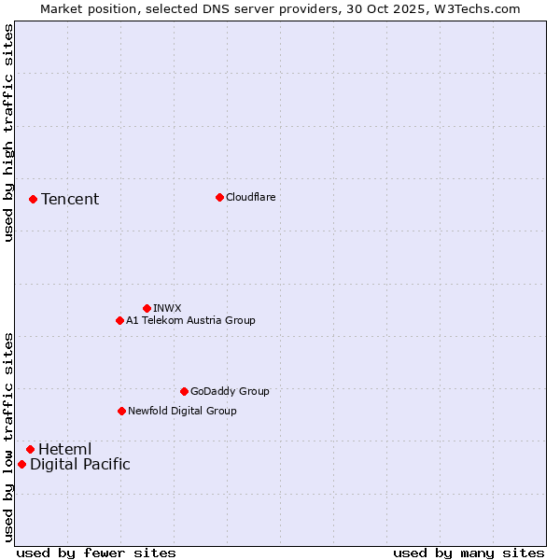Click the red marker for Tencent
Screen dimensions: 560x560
pyautogui.click(x=33, y=199)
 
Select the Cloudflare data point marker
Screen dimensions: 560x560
pyautogui.click(x=219, y=197)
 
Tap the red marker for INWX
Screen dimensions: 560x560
pyautogui.click(x=147, y=308)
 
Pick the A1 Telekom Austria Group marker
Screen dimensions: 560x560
pyautogui.click(x=119, y=320)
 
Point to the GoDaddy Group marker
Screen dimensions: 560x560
pyautogui.click(x=184, y=391)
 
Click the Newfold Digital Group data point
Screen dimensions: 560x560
pyautogui.click(x=121, y=411)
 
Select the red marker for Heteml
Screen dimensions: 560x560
pyautogui.click(x=30, y=449)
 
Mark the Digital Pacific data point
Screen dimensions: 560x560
pyautogui.click(x=21, y=464)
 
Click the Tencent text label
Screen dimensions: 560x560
pyautogui.click(x=70, y=199)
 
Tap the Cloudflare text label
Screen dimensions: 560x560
pyautogui.click(x=251, y=197)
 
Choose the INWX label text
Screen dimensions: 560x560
pyautogui.click(x=167, y=308)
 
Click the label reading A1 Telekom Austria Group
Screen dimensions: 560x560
pyautogui.click(x=190, y=320)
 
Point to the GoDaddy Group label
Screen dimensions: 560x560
pyautogui.click(x=230, y=391)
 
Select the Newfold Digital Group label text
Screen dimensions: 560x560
pyautogui.click(x=182, y=411)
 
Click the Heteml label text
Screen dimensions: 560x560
pyautogui.click(x=64, y=449)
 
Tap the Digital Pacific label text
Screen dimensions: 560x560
pyautogui.click(x=80, y=464)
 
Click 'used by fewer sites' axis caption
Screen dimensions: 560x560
pyautogui.click(x=96, y=553)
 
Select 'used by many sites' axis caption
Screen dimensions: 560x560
pyautogui.click(x=469, y=553)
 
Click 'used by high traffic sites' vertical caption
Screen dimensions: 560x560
pyautogui.click(x=8, y=133)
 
